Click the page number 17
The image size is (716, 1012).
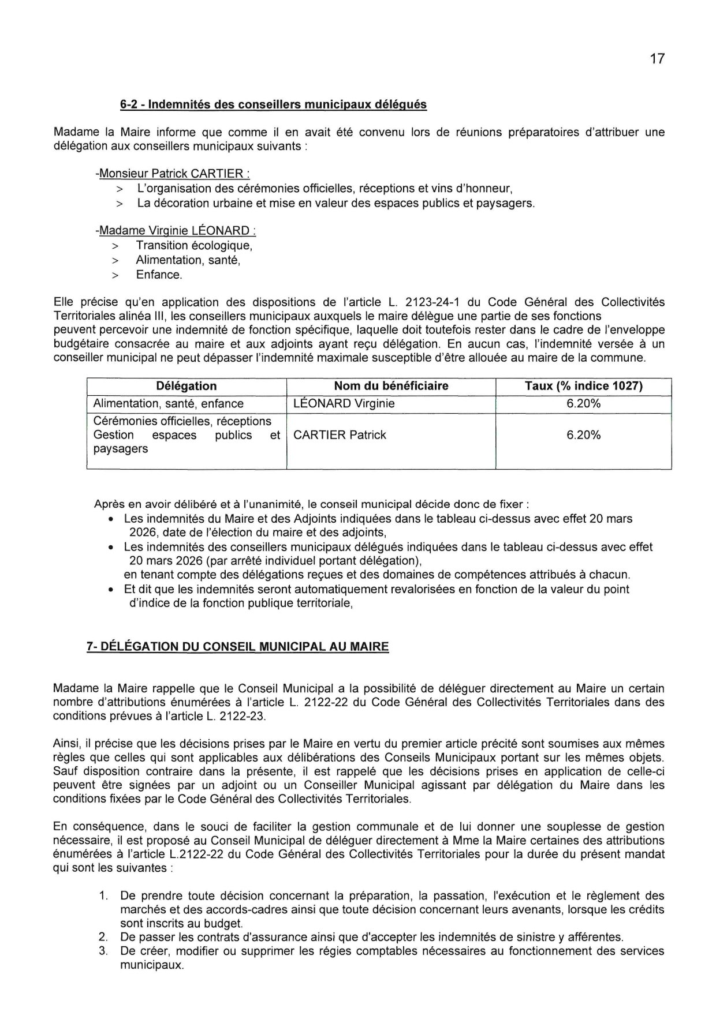pyautogui.click(x=657, y=59)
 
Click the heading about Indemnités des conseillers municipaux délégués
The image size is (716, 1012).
pyautogui.click(x=273, y=104)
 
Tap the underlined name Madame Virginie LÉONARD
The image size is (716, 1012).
pyautogui.click(x=176, y=231)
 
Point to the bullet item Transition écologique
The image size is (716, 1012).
pyautogui.click(x=195, y=245)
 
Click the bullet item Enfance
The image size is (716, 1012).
pyautogui.click(x=159, y=275)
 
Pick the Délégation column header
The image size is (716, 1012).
pyautogui.click(x=187, y=386)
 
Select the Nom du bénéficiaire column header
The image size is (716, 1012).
pyautogui.click(x=391, y=386)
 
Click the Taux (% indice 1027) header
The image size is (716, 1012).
pyautogui.click(x=583, y=386)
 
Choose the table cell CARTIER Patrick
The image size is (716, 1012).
pyautogui.click(x=340, y=435)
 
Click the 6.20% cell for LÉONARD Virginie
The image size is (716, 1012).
pyautogui.click(x=583, y=403)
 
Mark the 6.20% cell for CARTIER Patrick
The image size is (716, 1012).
pyautogui.click(x=583, y=435)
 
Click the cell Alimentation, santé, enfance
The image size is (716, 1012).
pyautogui.click(x=168, y=403)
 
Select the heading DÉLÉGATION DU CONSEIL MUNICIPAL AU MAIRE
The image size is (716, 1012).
pyautogui.click(x=237, y=646)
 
